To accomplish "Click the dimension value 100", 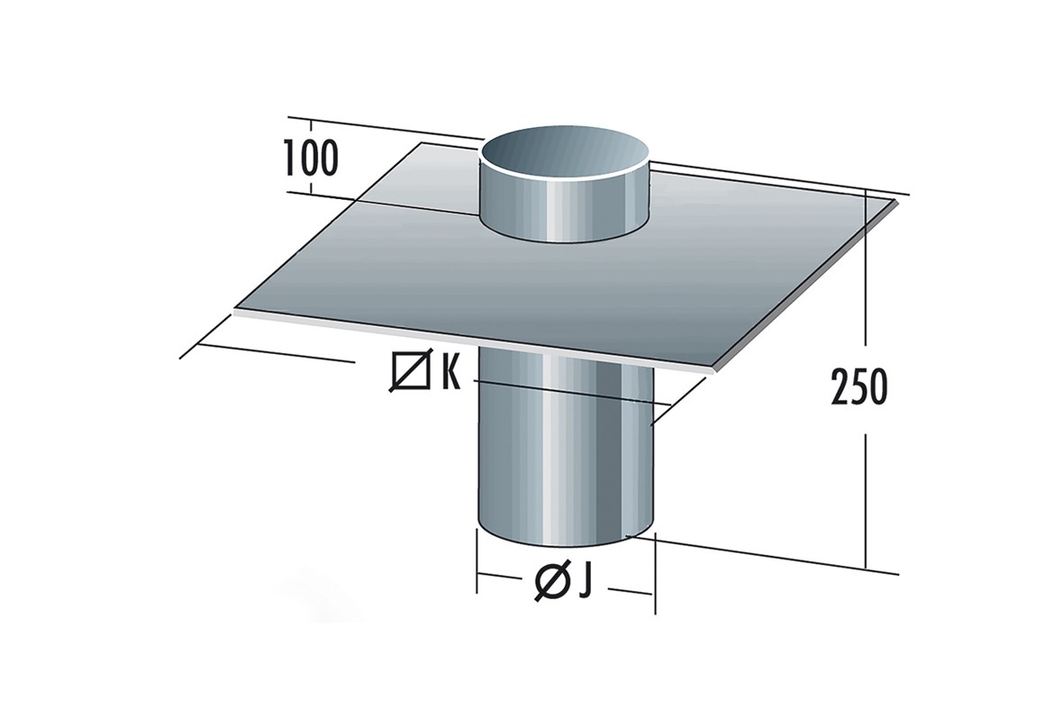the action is coord(310,159).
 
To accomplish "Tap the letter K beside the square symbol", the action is coord(450,372).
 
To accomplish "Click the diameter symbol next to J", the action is coord(551,582).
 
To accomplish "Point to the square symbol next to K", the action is coord(411,372).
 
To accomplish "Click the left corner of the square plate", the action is coord(235,311).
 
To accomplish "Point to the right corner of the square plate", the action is coord(899,200).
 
